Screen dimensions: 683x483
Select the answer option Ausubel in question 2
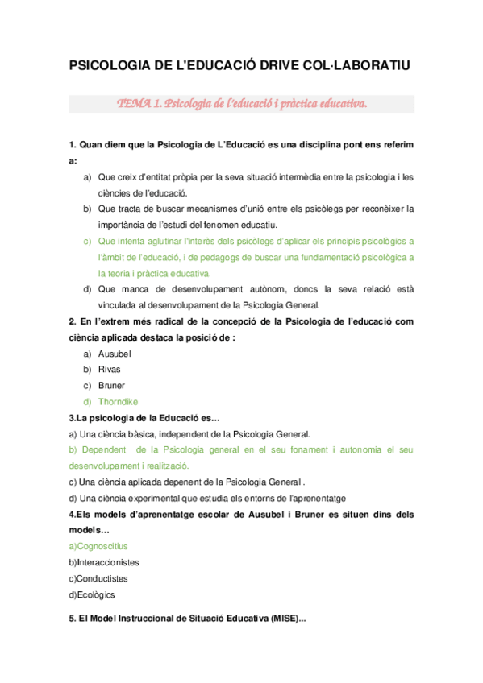coord(115,354)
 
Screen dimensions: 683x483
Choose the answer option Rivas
coord(109,369)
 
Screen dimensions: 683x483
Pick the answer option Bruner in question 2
coord(112,385)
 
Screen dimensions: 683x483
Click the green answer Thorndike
coord(118,401)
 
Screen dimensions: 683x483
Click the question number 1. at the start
coord(73,144)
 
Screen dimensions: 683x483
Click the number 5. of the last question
coord(73,619)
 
